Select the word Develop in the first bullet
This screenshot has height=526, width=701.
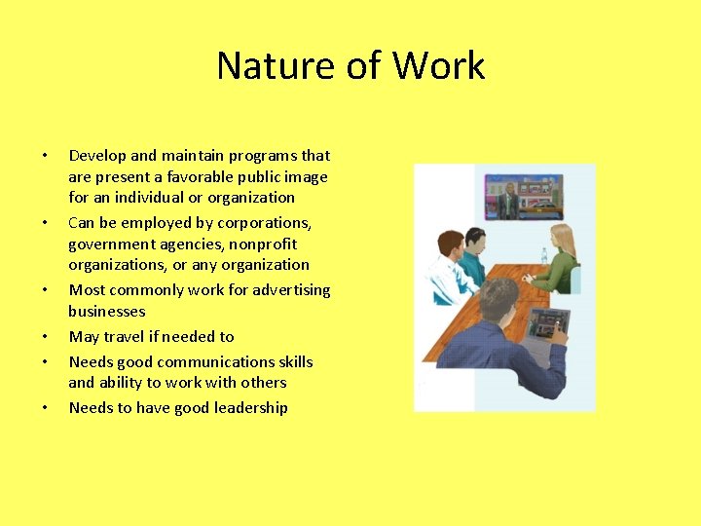(x=97, y=156)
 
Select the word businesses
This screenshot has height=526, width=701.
(x=106, y=312)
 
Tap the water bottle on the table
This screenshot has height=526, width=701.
(x=543, y=257)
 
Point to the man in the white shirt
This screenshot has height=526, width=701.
(x=452, y=264)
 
